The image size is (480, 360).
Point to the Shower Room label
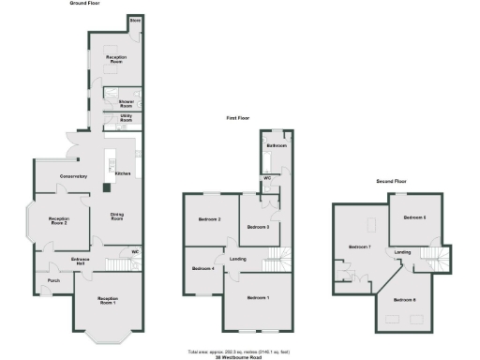click(x=125, y=103)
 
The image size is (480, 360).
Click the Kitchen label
click(x=121, y=173)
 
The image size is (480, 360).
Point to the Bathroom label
click(x=276, y=146)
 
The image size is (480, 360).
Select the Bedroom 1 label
click(x=258, y=298)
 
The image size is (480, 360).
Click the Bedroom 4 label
click(x=203, y=269)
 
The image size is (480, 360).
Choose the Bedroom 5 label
click(x=414, y=217)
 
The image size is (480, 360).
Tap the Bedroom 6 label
click(x=405, y=299)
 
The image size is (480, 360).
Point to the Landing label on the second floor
click(x=403, y=252)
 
